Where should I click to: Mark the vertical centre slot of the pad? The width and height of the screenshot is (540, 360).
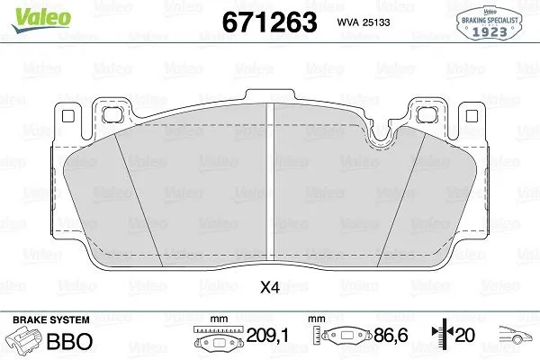pos(270,180)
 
